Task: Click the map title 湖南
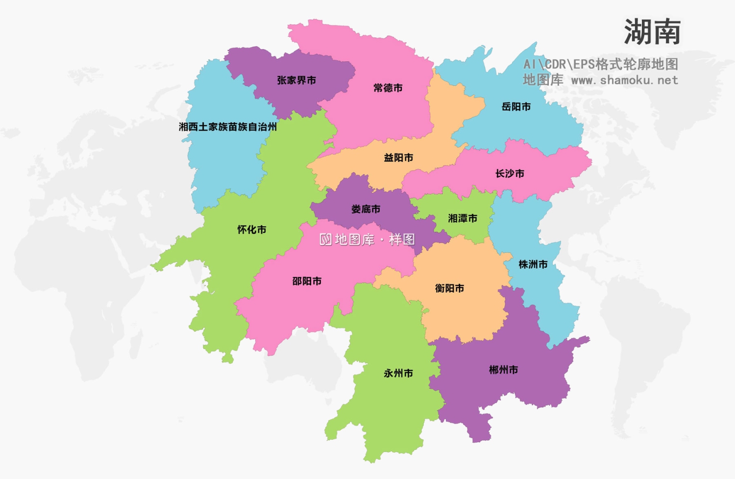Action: (652, 32)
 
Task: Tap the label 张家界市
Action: (296, 80)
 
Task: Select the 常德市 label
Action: (388, 88)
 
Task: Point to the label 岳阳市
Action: (516, 107)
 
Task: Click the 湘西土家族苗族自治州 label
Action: (228, 127)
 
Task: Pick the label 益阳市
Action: (398, 158)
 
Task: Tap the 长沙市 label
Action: (510, 174)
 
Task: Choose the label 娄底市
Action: (366, 209)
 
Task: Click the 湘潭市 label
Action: (463, 219)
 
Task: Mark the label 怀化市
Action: (252, 229)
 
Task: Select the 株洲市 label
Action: (533, 265)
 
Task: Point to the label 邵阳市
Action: (307, 281)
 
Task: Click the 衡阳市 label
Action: (449, 288)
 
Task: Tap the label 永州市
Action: (398, 374)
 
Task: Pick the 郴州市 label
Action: (503, 370)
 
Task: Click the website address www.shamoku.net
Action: (624, 80)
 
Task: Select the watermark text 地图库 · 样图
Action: (367, 239)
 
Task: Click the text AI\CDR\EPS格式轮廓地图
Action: (601, 64)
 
